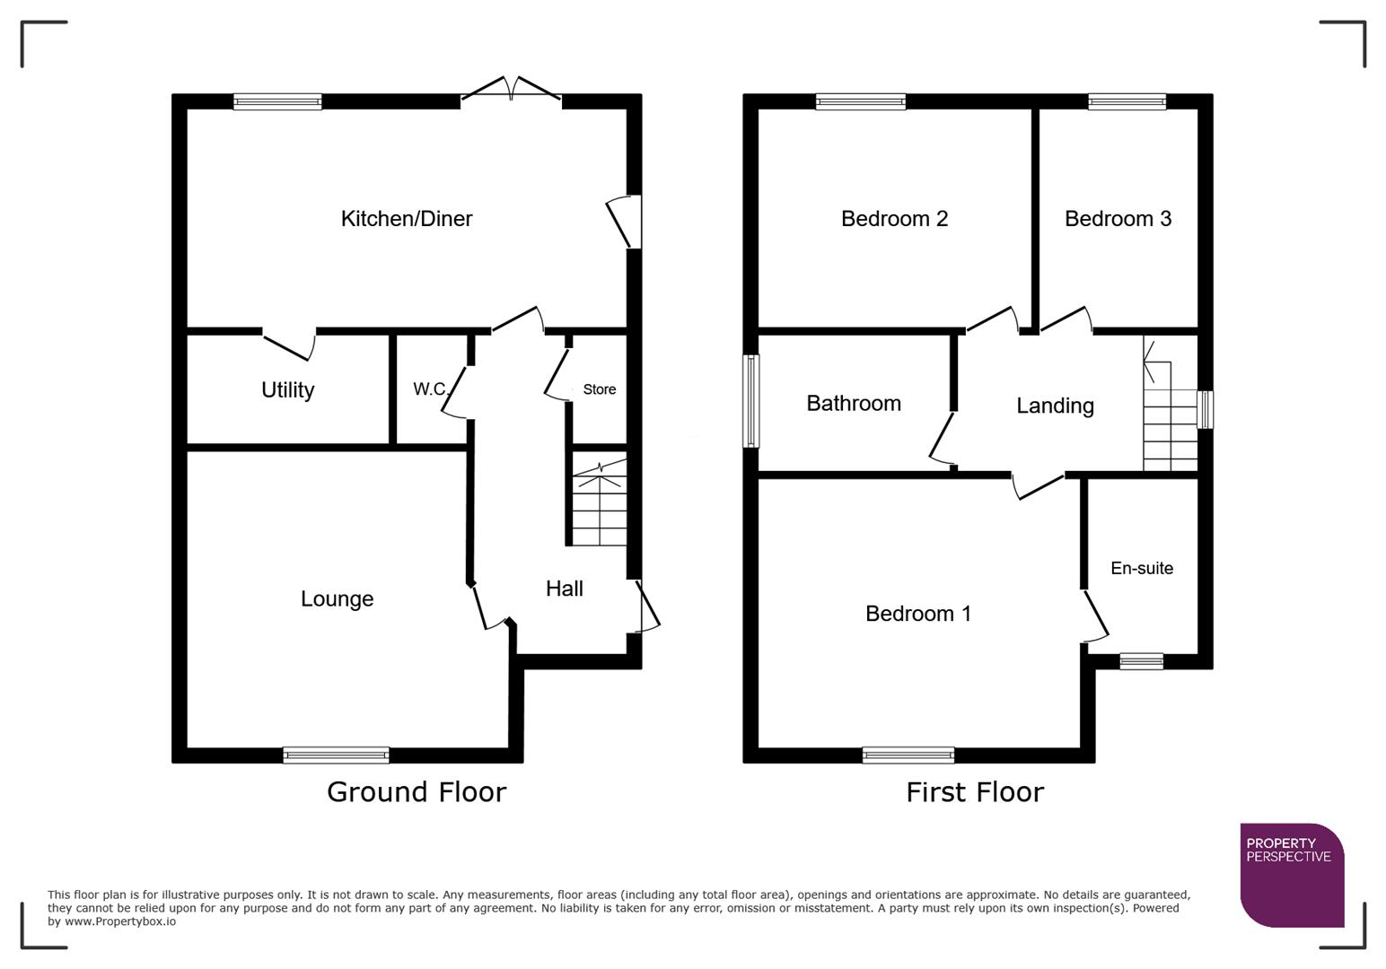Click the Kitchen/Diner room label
tap(406, 219)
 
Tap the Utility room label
tap(287, 390)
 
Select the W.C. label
tap(430, 389)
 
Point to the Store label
tap(599, 389)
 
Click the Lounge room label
tap(337, 599)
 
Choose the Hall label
tap(564, 589)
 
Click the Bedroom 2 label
tap(894, 219)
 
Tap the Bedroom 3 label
tap(1118, 219)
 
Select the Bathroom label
tap(853, 404)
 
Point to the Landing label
tap(1055, 406)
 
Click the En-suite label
tap(1141, 568)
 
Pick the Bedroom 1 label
tap(917, 614)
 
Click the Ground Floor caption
tap(417, 792)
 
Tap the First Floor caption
tap(974, 792)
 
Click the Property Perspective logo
tap(1291, 874)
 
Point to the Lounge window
tap(336, 755)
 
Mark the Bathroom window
tap(751, 401)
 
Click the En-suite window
tap(1141, 662)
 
